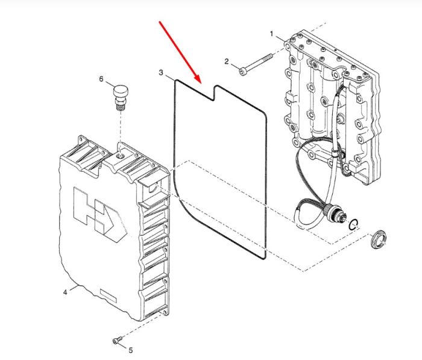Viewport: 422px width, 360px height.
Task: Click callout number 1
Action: (271, 34)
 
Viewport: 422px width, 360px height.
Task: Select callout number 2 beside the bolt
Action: (226, 62)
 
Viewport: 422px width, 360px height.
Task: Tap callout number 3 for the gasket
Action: (161, 72)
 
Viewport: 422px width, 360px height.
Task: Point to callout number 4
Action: (65, 292)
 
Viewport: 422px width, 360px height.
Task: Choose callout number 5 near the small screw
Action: (131, 350)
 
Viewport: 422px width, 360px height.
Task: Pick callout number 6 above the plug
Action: (101, 79)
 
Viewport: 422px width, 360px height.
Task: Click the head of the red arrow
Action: (198, 79)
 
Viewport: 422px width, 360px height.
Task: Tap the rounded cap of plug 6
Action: (121, 90)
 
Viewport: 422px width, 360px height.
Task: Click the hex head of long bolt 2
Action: (243, 71)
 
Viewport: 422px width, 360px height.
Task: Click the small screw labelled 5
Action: (118, 340)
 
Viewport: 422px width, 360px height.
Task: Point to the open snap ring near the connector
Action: (353, 224)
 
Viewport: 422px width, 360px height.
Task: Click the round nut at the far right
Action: (378, 239)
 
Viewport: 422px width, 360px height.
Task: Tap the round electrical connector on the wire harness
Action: (334, 211)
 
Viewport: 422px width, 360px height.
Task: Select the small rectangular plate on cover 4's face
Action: (108, 295)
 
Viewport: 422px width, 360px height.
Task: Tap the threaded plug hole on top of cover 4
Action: (121, 156)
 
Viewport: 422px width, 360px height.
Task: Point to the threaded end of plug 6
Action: (121, 107)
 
